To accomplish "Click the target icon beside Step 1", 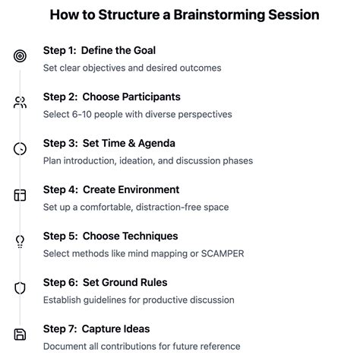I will pyautogui.click(x=20, y=56).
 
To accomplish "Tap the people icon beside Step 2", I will pyautogui.click(x=20, y=103).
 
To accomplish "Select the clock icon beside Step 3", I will pyautogui.click(x=20, y=149).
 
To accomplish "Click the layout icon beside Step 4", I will pyautogui.click(x=20, y=195).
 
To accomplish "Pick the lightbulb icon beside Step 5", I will pyautogui.click(x=20, y=242).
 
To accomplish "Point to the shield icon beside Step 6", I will pyautogui.click(x=20, y=288).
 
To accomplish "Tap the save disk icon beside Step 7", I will pyautogui.click(x=20, y=335).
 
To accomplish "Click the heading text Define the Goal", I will pyautogui.click(x=118, y=51).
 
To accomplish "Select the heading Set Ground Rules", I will pyautogui.click(x=125, y=283).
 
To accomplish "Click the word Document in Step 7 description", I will pyautogui.click(x=66, y=346).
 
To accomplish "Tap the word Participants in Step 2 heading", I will pyautogui.click(x=143, y=97).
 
